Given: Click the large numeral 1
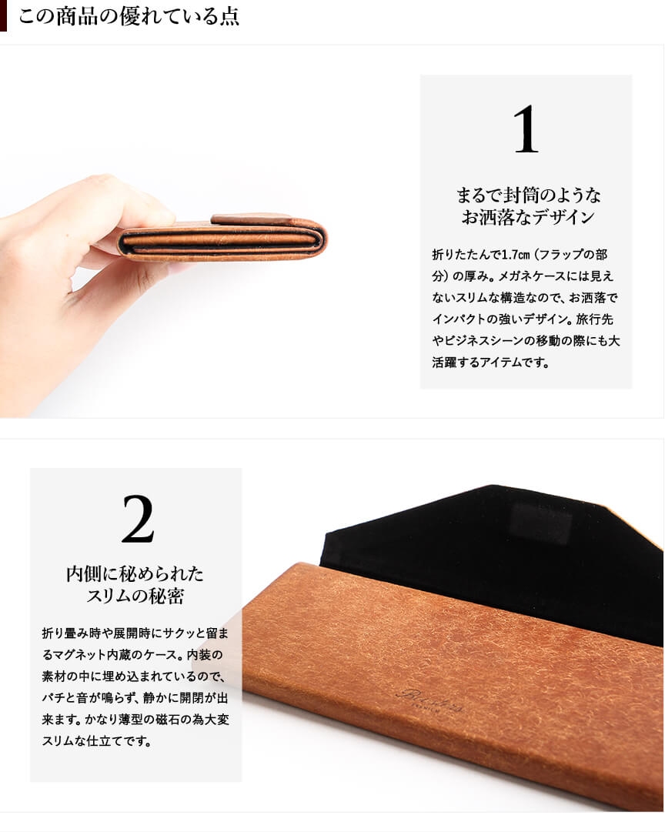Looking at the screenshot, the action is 526,129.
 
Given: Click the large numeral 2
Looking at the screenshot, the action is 138,519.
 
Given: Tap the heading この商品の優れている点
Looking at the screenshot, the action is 129,16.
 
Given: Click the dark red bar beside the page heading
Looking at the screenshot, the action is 3,16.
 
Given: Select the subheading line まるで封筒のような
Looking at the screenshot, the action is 528,195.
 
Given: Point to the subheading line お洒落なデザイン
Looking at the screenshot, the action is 527,217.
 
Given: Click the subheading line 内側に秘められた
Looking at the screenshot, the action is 135,573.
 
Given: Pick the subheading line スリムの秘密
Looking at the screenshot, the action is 135,596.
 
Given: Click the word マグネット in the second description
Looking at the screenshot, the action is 79,655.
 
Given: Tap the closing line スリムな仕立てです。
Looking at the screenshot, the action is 96,741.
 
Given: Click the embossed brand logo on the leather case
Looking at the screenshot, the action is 430,700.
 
